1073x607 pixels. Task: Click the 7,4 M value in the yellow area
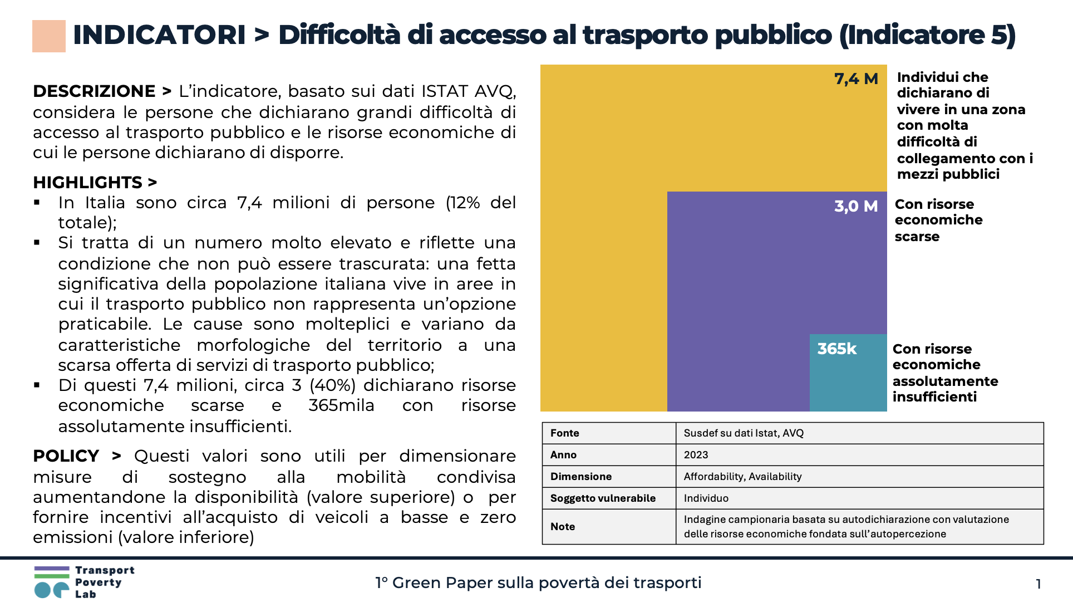855,79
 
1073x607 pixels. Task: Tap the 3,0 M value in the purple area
855,206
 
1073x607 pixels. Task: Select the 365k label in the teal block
836,349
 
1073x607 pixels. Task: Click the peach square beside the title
49,36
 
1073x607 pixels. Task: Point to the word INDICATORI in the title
159,35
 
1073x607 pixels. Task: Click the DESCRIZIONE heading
94,91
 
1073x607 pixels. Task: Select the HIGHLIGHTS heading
88,183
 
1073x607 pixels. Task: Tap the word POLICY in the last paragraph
66,456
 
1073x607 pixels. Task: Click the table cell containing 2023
696,455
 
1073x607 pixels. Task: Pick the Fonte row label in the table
564,433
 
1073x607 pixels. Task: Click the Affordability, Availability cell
742,477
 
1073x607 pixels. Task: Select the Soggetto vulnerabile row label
603,498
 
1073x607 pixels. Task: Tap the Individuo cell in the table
706,498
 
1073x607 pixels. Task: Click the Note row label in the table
563,527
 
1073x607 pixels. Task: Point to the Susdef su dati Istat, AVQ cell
744,433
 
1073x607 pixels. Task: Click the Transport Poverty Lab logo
83,582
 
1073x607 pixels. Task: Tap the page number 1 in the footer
1038,584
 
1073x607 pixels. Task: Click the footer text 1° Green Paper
538,583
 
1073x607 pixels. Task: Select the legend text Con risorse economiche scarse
938,221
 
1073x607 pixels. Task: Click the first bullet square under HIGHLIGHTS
37,203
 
